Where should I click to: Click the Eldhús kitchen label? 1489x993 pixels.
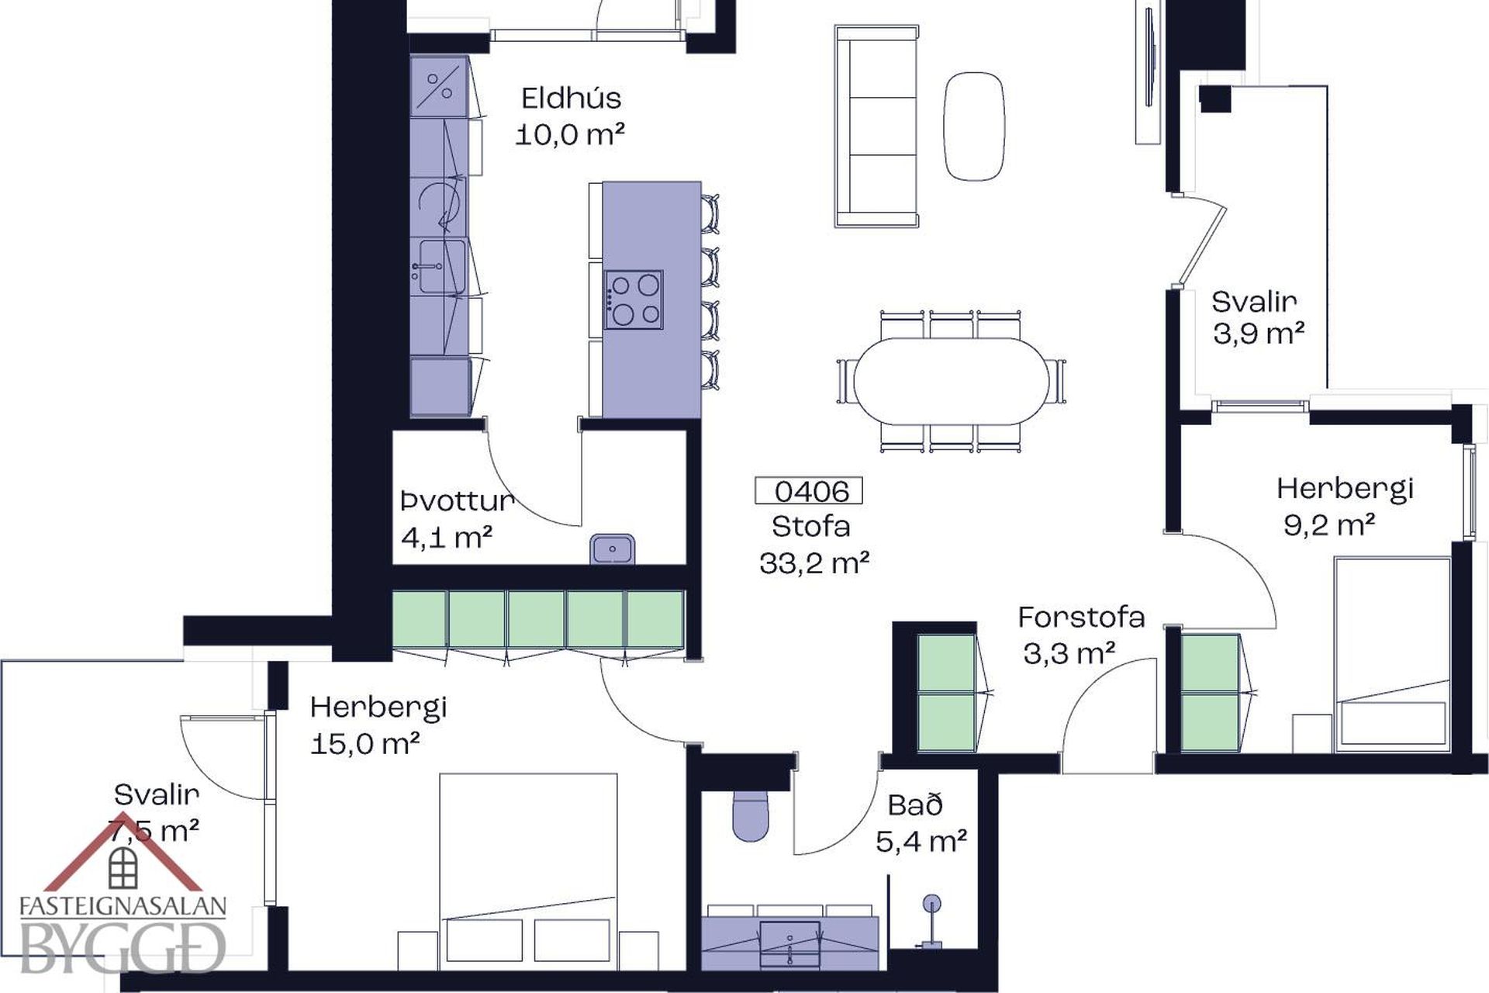point(571,99)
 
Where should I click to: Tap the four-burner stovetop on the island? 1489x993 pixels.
point(634,300)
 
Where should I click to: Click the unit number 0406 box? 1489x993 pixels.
point(809,491)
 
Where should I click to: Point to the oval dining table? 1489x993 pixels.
point(951,381)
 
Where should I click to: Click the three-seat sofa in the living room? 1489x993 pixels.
point(876,126)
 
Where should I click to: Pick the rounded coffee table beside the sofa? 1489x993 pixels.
point(974,126)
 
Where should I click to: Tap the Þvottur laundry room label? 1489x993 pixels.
point(458,501)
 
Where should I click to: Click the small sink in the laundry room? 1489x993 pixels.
point(612,549)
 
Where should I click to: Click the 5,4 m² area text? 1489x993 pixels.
point(921,841)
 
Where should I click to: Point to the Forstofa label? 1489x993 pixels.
point(1081,618)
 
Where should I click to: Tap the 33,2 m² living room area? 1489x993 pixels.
point(814,563)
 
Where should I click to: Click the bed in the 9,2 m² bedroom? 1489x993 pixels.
point(1392,653)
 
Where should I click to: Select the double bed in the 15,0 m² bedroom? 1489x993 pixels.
point(528,870)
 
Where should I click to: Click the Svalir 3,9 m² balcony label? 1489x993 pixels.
point(1258,317)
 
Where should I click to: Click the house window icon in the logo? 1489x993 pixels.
point(123,867)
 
